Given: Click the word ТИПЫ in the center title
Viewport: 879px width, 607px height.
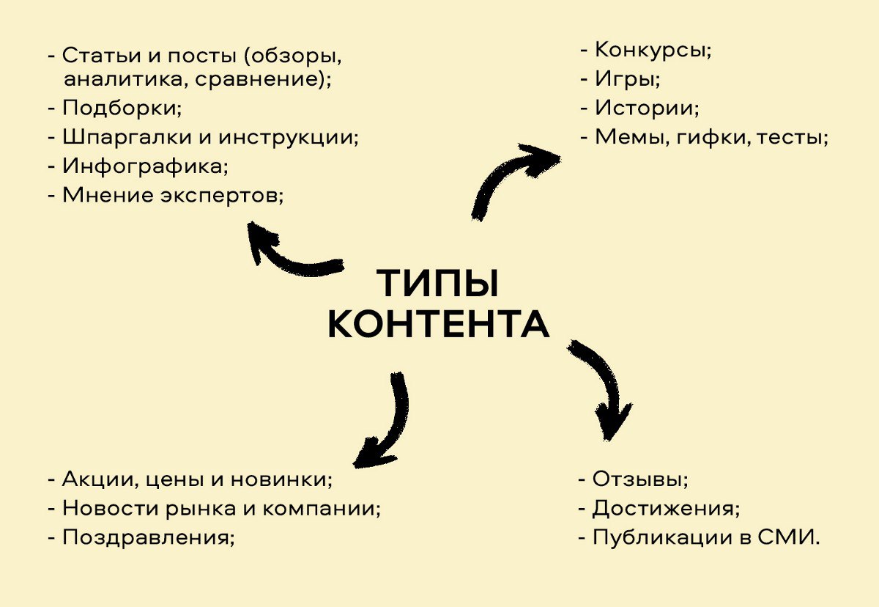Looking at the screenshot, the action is pyautogui.click(x=438, y=284).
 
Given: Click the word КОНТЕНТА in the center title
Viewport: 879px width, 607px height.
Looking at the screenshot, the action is pyautogui.click(x=438, y=325).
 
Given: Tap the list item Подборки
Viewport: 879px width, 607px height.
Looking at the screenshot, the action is pyautogui.click(x=121, y=108).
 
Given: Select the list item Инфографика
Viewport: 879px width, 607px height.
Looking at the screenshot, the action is pyautogui.click(x=145, y=166).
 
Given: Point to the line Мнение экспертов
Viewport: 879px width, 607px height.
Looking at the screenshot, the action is pyautogui.click(x=172, y=195).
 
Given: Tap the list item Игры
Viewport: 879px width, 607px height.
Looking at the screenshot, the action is pyautogui.click(x=627, y=79).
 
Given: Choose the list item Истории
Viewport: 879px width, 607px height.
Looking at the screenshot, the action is pyautogui.click(x=645, y=108).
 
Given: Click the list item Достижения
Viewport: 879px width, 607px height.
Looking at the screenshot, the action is pyautogui.click(x=665, y=508).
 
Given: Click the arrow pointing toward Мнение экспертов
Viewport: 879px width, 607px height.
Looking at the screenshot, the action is pyautogui.click(x=290, y=253).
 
